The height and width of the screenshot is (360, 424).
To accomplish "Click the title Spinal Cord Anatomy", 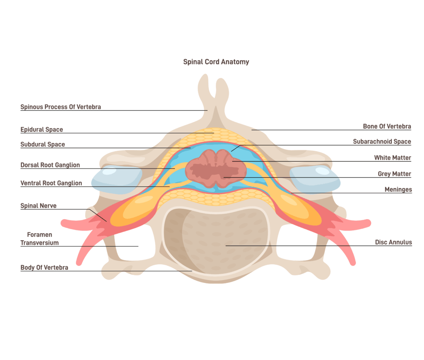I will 216,62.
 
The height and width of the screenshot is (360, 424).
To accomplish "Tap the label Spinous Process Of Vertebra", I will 60,107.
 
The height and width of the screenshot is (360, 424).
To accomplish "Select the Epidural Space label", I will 42,130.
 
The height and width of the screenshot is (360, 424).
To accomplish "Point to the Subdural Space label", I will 43,145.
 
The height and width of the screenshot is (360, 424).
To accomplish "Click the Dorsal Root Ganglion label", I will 50,165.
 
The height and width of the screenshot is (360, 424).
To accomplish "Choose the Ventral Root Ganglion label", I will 51,183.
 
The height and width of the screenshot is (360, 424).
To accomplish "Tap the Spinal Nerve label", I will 39,206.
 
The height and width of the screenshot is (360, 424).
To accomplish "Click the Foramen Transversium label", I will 39,239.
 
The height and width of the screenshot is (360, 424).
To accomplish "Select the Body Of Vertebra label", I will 44,268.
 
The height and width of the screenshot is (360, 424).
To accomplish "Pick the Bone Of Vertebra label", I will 387,126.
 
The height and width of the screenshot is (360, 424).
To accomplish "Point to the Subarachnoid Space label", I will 382,142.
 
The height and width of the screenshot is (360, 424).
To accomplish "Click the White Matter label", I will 393,158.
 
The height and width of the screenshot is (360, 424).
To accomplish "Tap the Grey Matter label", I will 394,174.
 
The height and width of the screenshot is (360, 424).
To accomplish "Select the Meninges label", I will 398,190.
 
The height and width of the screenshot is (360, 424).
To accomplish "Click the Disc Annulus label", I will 393,242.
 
